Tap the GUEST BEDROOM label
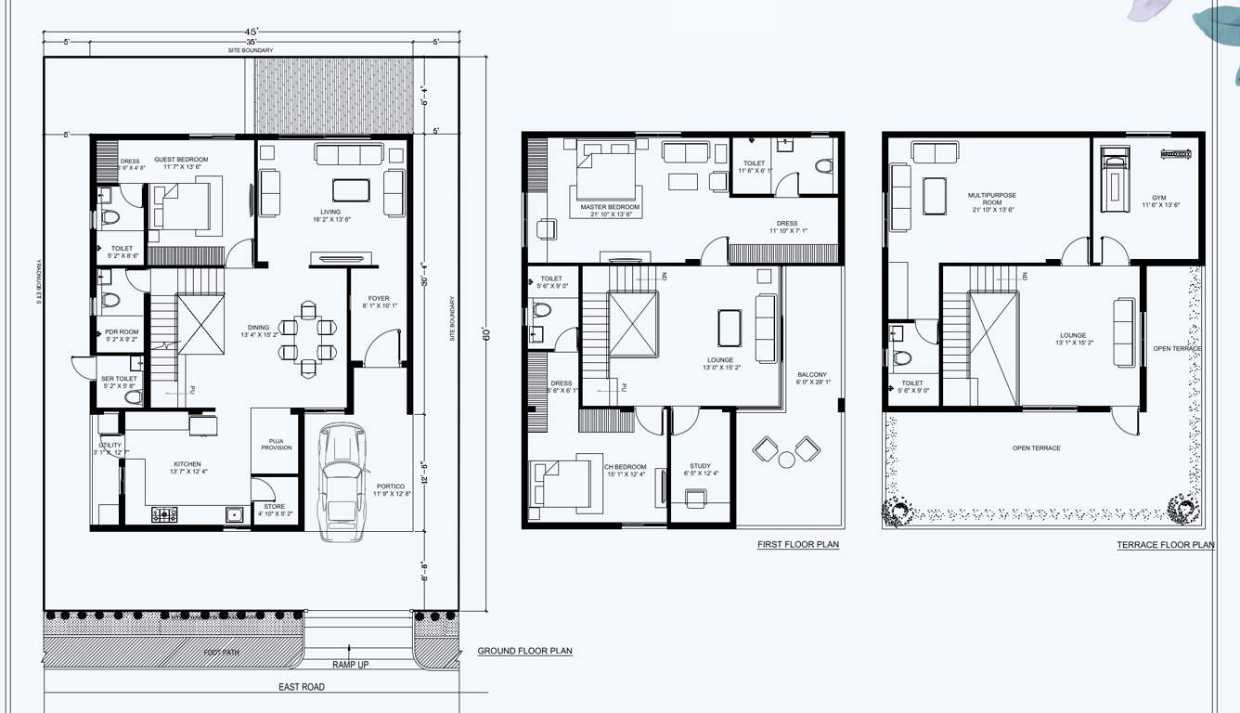point(181,160)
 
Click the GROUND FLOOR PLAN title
point(524,651)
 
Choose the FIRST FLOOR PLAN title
point(798,544)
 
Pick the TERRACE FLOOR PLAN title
point(1165,545)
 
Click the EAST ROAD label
point(302,687)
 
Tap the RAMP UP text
point(351,665)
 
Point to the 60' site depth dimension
point(485,334)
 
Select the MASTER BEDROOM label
point(610,207)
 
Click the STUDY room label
point(700,466)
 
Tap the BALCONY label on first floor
point(812,375)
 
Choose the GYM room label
point(1158,198)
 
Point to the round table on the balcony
point(787,459)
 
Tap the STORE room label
point(275,507)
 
